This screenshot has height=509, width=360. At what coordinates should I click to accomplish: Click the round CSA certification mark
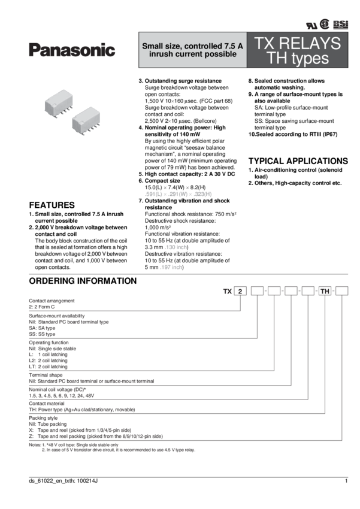(x=325, y=24)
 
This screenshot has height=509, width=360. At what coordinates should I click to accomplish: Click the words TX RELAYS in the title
(x=298, y=43)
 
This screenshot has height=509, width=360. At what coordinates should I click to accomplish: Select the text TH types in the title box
(x=298, y=59)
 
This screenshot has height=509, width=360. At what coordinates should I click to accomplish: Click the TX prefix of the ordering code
(x=227, y=292)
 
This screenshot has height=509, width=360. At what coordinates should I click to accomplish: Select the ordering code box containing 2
(x=240, y=292)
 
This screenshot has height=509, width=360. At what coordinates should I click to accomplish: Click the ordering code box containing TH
(x=325, y=292)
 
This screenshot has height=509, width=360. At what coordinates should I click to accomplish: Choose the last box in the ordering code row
(x=341, y=292)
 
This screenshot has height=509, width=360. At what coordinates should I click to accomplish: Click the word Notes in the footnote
(x=34, y=443)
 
